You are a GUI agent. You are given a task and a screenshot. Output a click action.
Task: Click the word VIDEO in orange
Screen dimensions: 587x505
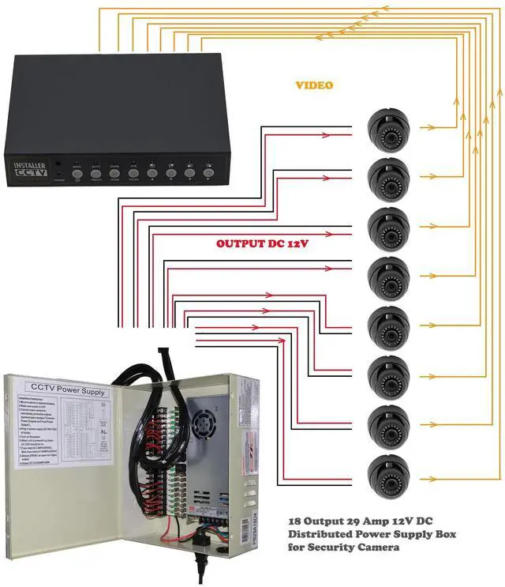tap(314, 85)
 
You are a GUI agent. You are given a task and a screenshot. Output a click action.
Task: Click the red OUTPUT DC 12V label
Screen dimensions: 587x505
tap(262, 244)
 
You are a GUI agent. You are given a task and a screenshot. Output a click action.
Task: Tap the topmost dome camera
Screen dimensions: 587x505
tap(389, 127)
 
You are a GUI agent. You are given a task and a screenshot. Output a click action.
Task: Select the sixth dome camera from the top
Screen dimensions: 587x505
tap(389, 374)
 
